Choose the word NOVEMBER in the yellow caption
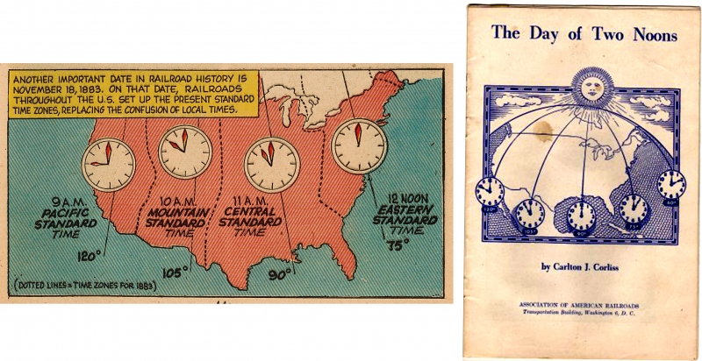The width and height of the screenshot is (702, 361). coord(46,88)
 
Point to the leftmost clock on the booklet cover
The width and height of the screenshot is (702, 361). coord(489,190)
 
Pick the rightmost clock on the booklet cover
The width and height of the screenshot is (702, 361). coord(671,184)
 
